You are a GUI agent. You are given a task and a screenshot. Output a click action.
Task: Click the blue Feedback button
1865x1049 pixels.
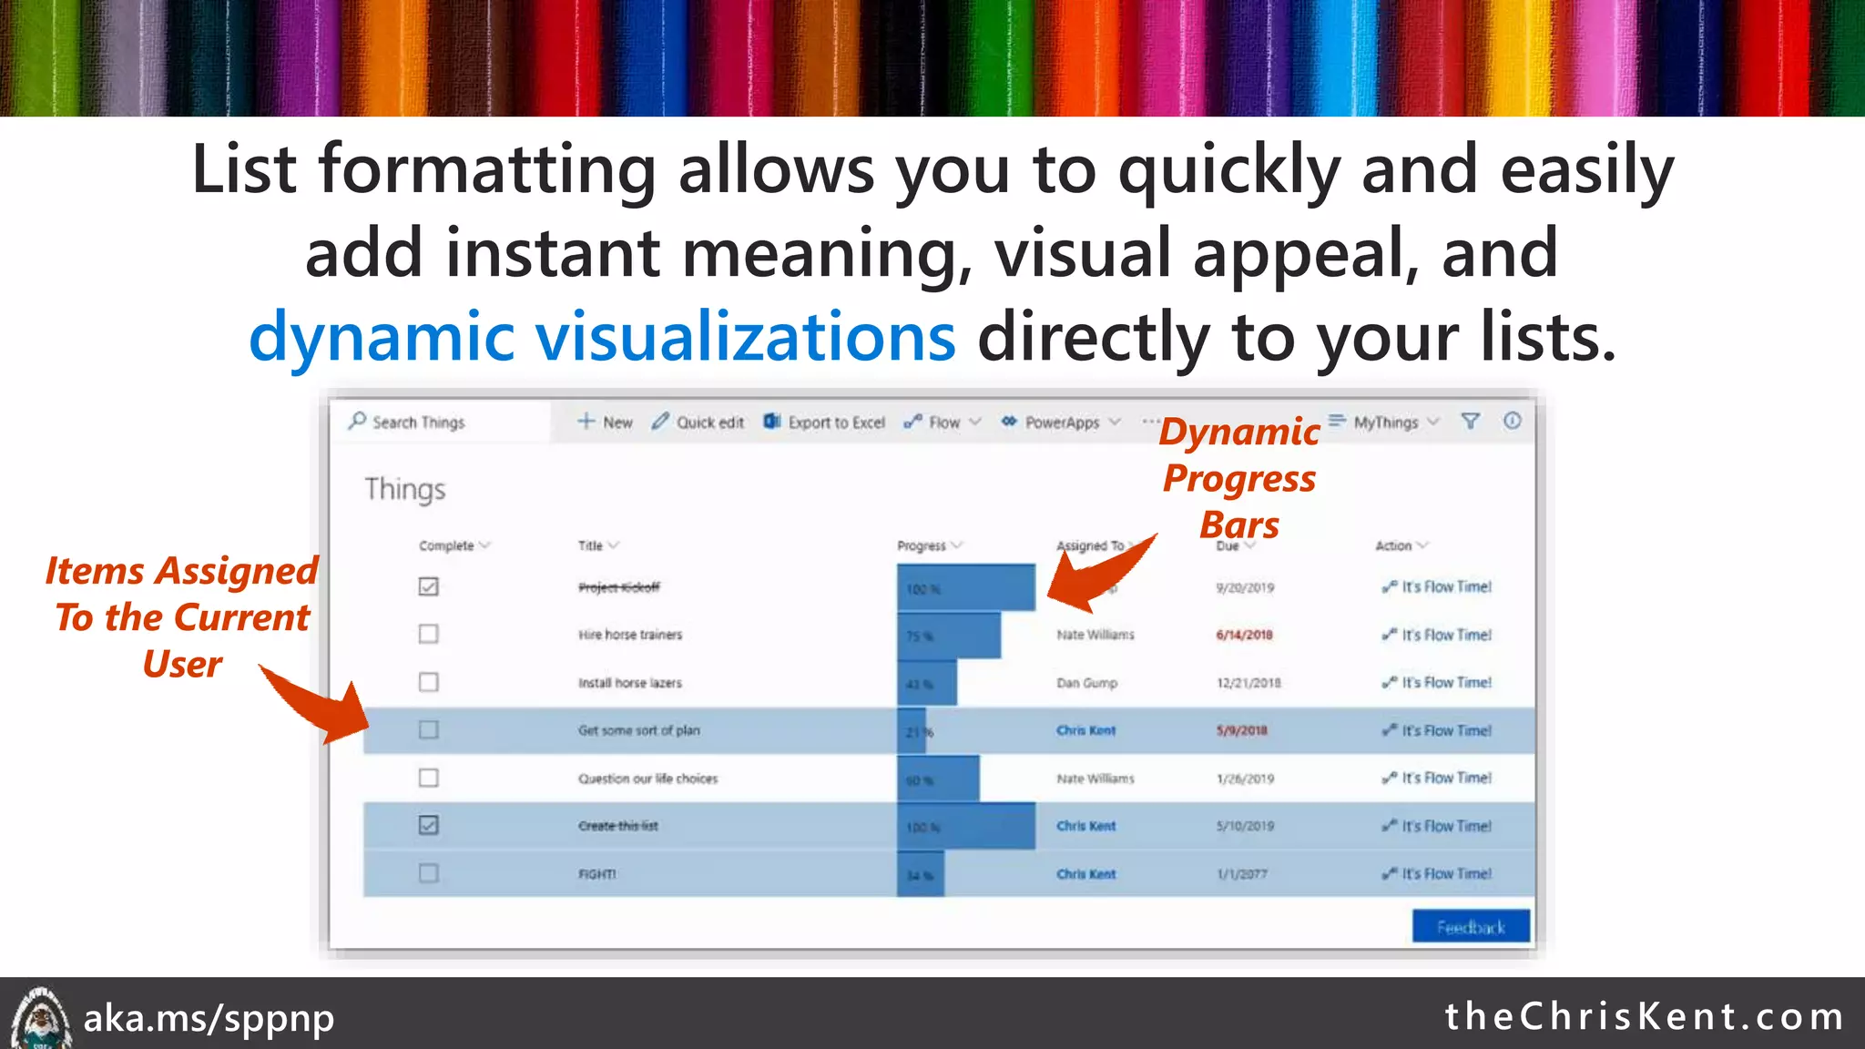pyautogui.click(x=1471, y=927)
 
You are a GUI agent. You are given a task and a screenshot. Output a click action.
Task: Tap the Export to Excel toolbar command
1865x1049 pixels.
pyautogui.click(x=825, y=423)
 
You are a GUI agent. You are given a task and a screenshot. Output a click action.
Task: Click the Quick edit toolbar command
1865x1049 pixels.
pyautogui.click(x=698, y=423)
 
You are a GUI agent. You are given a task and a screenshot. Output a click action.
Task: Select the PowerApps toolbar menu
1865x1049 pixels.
pyautogui.click(x=1061, y=423)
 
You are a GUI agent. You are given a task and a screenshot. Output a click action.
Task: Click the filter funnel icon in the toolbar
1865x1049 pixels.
pyautogui.click(x=1470, y=421)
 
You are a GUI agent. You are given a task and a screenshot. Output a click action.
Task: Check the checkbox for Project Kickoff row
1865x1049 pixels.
pyautogui.click(x=428, y=586)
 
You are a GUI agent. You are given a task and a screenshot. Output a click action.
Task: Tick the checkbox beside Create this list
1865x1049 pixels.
pyautogui.click(x=428, y=825)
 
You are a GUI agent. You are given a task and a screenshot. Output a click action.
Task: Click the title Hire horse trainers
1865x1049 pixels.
pyautogui.click(x=629, y=635)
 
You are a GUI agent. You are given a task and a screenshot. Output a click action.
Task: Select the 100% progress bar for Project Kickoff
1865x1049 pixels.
pyautogui.click(x=965, y=587)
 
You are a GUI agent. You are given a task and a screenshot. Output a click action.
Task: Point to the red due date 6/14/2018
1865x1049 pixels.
pyautogui.click(x=1244, y=635)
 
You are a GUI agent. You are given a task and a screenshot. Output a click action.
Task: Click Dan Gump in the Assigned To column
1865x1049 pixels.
pyautogui.click(x=1086, y=683)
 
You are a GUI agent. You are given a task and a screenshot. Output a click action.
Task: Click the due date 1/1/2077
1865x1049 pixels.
pyautogui.click(x=1242, y=874)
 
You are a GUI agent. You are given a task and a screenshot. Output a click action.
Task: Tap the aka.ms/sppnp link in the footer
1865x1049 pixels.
pyautogui.click(x=209, y=1018)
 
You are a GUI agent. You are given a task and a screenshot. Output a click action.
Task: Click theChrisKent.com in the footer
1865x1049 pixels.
pyautogui.click(x=1645, y=1016)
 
